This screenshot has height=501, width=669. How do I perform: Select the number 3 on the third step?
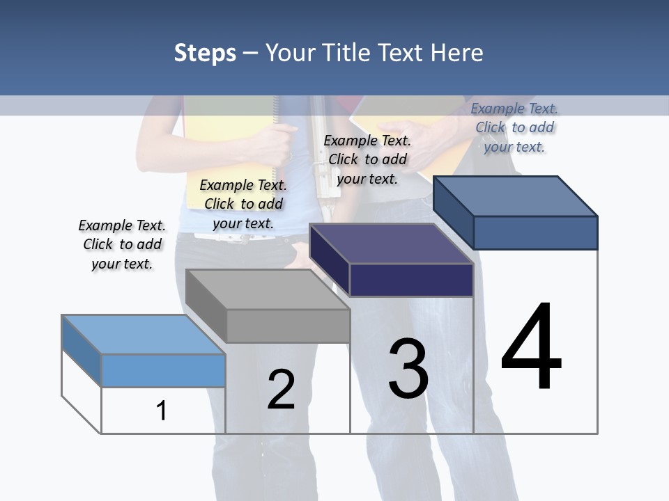(x=408, y=368)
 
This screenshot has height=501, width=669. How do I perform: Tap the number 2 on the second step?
(x=281, y=390)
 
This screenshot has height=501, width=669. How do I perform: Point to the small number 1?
(x=161, y=411)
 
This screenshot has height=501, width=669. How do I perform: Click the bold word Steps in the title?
(x=205, y=53)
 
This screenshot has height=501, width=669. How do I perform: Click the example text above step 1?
(x=122, y=244)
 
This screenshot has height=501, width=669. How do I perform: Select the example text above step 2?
(x=243, y=204)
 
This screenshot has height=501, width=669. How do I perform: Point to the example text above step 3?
(x=367, y=159)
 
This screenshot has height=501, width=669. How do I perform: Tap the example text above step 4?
(x=514, y=127)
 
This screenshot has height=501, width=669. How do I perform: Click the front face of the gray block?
(x=288, y=326)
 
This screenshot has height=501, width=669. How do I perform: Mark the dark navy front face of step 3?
(x=411, y=280)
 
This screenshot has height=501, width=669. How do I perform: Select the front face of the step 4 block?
(x=535, y=232)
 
